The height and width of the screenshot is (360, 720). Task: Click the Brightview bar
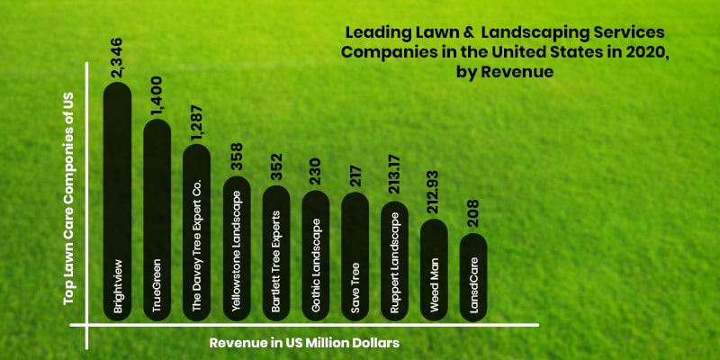pos(117,202)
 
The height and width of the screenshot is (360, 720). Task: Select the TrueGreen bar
pos(157,220)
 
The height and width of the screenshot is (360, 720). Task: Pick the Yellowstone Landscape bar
pos(236,247)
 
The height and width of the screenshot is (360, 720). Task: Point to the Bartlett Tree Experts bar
pos(275,252)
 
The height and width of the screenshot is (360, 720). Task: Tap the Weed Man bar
pos(434,270)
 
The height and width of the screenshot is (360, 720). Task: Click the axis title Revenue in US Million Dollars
pos(304,343)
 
